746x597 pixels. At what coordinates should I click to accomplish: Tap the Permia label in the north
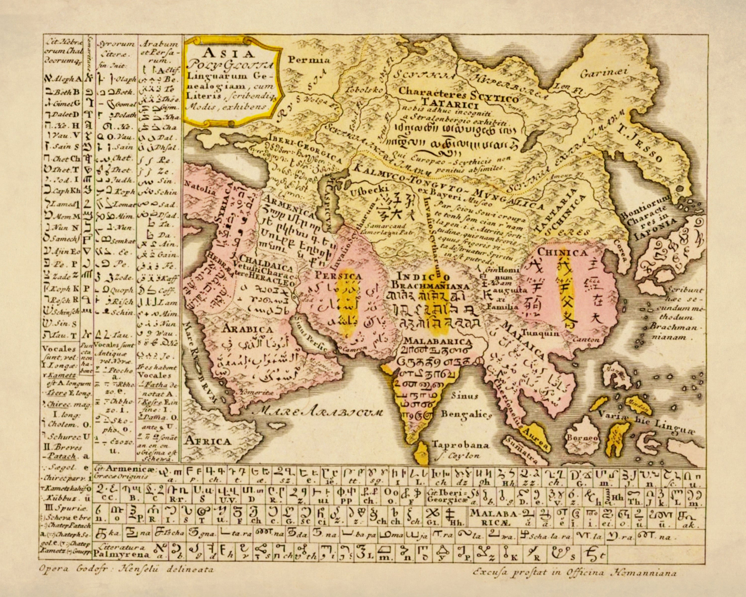[309, 59]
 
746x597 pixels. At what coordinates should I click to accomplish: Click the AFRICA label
[208, 441]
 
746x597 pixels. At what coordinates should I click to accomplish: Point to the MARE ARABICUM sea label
[320, 412]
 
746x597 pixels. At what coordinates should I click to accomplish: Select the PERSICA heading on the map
[338, 277]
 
